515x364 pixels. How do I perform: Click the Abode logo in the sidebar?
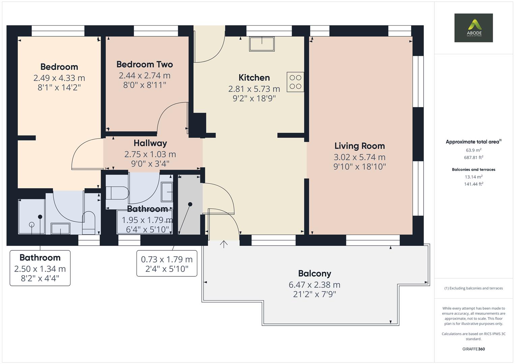tap(473, 28)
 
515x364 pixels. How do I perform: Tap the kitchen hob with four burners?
tap(295, 82)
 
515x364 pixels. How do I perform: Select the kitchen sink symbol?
tap(262, 44)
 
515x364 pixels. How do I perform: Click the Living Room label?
tap(360, 146)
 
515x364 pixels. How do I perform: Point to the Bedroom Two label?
tap(144, 64)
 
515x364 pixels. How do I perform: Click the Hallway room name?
tap(150, 143)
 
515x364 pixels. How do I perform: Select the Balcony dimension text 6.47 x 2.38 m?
tap(314, 285)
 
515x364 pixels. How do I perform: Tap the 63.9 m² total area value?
tap(474, 150)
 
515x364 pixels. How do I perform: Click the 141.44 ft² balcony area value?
tap(474, 184)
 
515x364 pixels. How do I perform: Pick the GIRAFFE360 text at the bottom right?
tap(474, 349)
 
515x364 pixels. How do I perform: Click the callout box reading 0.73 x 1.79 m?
tap(167, 264)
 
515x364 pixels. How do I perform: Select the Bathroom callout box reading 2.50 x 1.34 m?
tap(40, 268)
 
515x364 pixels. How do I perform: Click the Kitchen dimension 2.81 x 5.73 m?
tap(254, 89)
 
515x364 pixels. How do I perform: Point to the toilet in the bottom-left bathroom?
tap(89, 223)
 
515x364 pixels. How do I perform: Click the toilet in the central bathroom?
tap(117, 193)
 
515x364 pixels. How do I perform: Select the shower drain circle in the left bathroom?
tap(32, 224)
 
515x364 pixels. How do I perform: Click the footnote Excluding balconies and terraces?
tap(474, 288)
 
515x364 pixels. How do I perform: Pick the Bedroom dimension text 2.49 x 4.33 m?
tap(59, 78)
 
